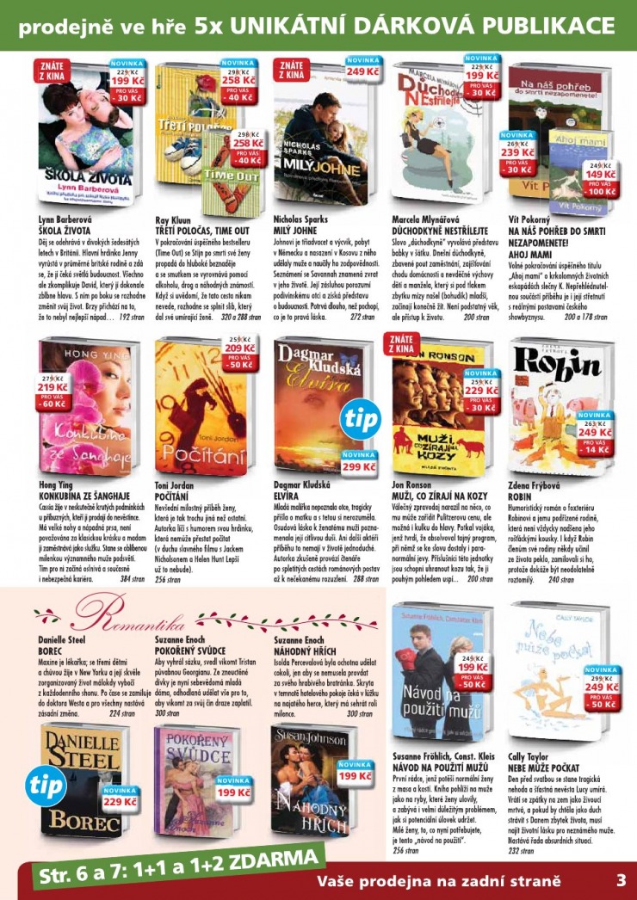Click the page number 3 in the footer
[x=620, y=880]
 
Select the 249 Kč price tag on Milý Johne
[x=362, y=71]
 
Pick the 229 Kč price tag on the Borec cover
[x=119, y=801]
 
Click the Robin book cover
[x=555, y=404]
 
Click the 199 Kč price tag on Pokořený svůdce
[x=233, y=791]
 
